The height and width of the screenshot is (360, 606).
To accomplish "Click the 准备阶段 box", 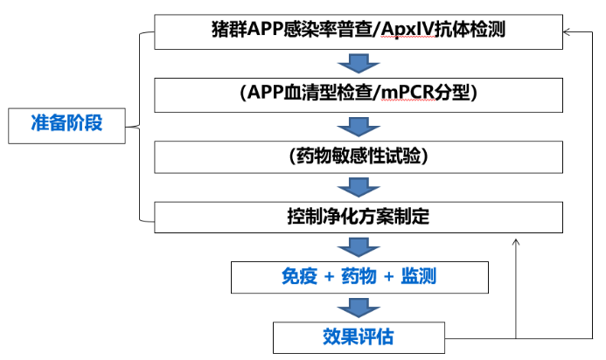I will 66,123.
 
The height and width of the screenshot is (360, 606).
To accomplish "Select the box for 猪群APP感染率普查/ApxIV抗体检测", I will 358,32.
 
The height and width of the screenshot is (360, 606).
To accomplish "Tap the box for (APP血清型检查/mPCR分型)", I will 358,93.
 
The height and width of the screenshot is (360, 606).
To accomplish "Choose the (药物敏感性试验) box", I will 358,156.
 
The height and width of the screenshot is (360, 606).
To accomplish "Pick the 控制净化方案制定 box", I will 358,216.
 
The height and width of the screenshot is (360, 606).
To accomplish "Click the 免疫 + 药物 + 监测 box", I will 358,277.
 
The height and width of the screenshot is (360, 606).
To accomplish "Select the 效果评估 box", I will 358,336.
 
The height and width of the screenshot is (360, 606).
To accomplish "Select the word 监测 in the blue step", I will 418,277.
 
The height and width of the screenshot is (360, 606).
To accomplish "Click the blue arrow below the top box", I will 358,63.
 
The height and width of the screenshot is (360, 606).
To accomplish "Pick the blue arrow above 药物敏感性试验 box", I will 358,124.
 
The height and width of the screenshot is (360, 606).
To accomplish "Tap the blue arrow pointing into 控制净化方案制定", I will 358,186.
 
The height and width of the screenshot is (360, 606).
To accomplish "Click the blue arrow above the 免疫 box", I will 358,247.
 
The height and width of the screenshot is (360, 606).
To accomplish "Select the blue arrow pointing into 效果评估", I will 358,307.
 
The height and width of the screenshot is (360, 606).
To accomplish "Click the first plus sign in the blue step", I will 329,278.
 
